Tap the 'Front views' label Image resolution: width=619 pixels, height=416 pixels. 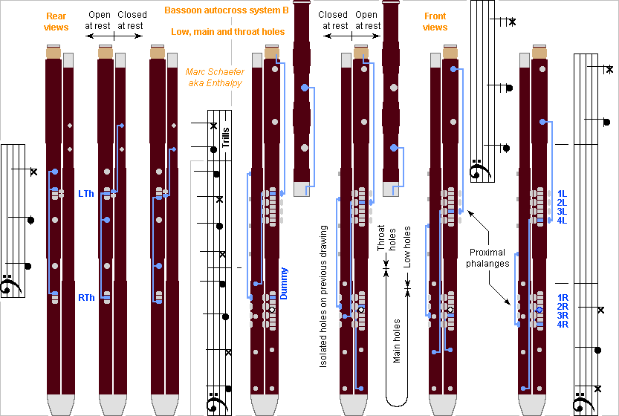435,22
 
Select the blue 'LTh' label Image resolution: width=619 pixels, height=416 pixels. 86,193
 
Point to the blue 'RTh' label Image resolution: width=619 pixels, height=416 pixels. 86,298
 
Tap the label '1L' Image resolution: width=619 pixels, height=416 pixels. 563,194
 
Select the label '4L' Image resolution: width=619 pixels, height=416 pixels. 563,221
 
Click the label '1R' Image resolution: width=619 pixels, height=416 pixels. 563,297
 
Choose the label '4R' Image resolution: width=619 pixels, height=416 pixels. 563,324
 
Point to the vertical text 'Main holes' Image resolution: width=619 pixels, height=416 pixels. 397,341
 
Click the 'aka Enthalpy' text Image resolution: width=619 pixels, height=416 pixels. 215,83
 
